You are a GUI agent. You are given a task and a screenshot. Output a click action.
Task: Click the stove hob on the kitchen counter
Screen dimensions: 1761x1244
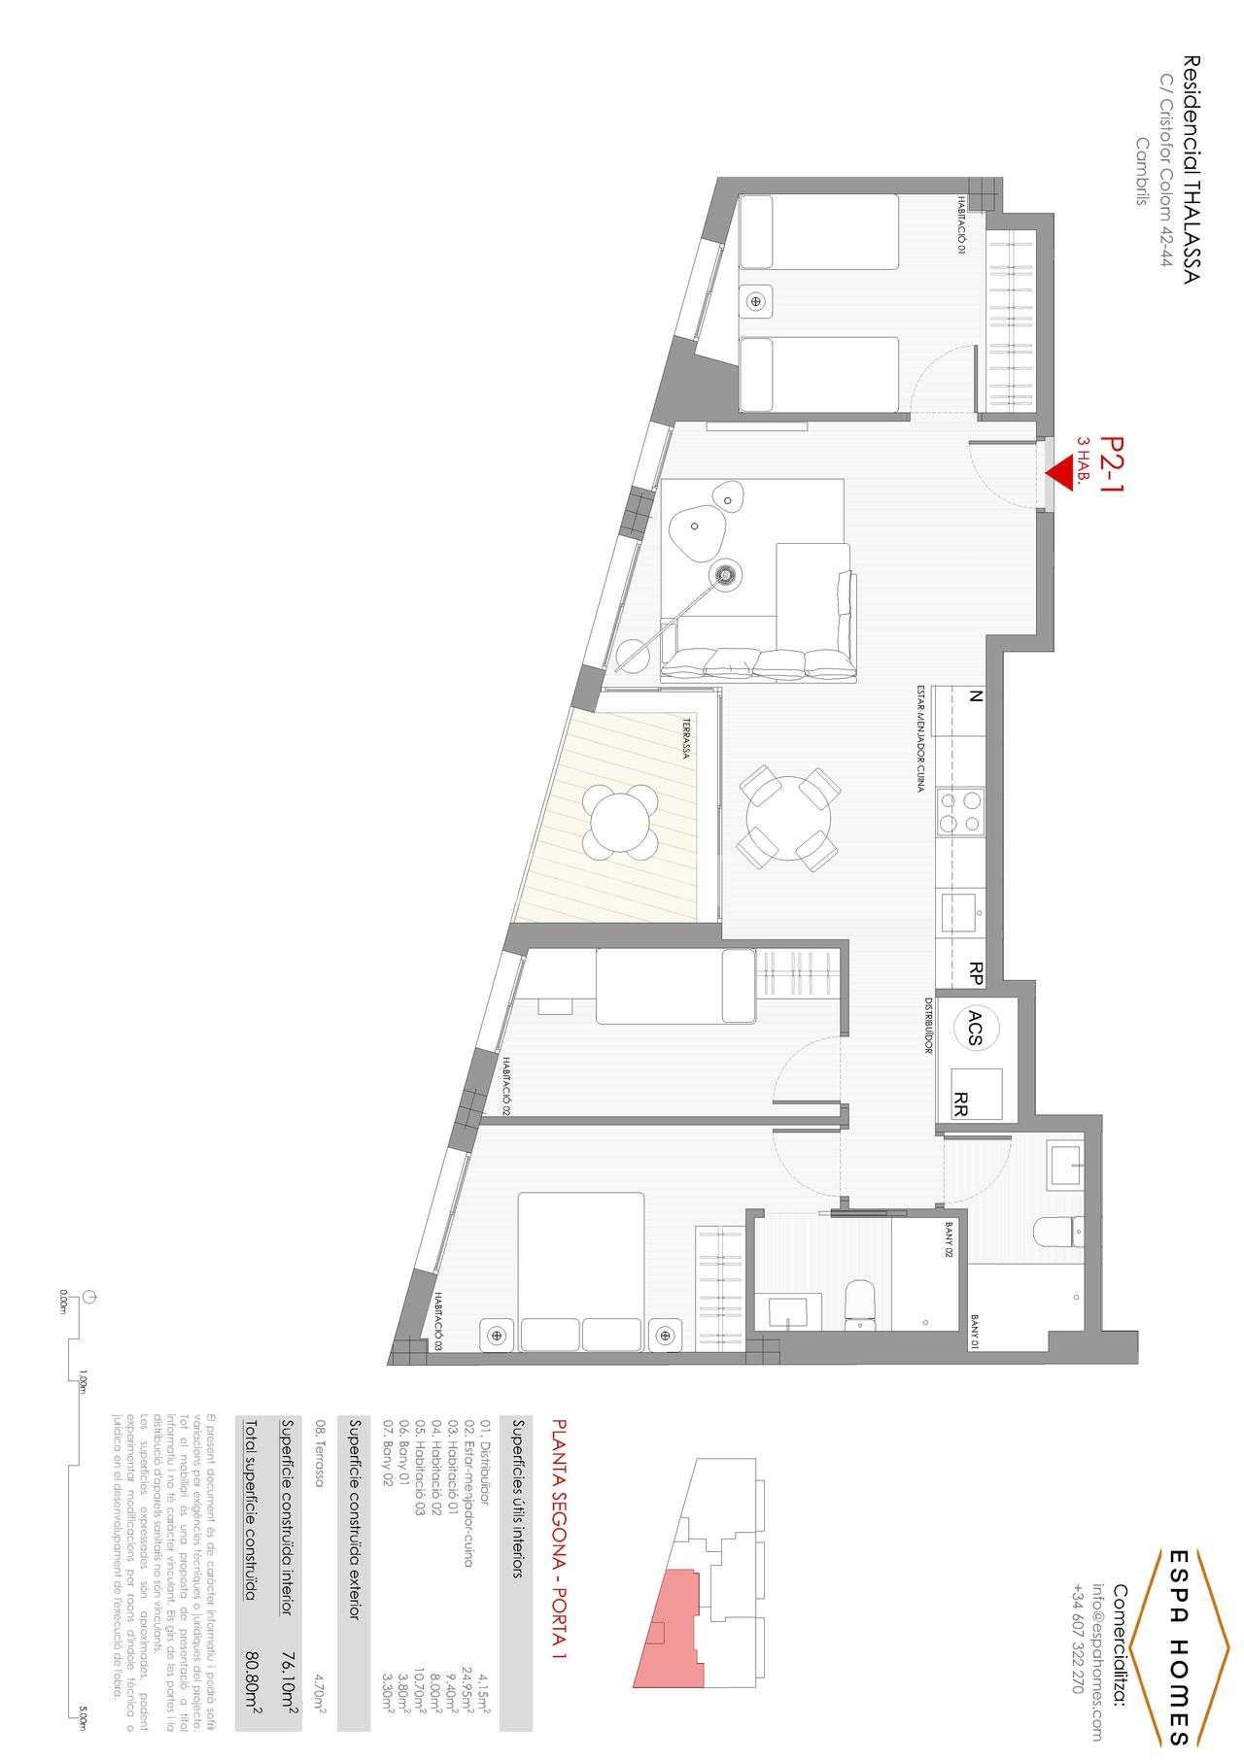(x=958, y=812)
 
